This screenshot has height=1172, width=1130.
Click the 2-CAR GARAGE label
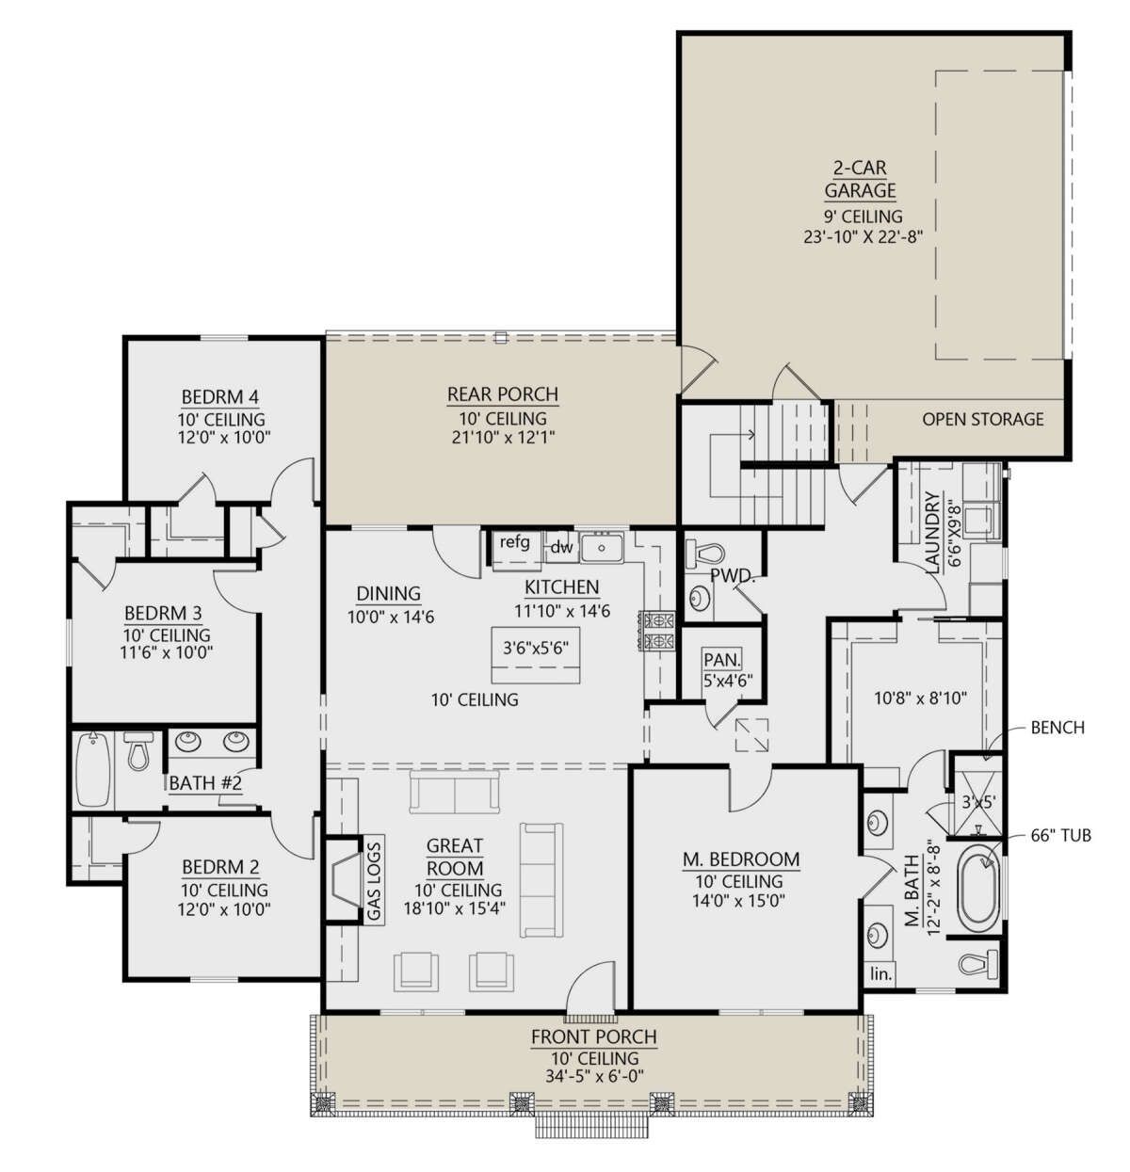pyautogui.click(x=860, y=179)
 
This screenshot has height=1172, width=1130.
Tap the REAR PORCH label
pyautogui.click(x=502, y=394)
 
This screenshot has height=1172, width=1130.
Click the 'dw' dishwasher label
pyautogui.click(x=561, y=548)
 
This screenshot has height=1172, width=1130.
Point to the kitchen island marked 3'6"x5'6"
pyautogui.click(x=536, y=654)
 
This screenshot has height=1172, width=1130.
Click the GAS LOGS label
pyautogui.click(x=374, y=880)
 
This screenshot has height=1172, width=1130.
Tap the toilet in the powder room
pyautogui.click(x=703, y=554)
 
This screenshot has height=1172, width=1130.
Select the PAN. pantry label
pyautogui.click(x=722, y=660)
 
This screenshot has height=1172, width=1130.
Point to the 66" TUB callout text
pyautogui.click(x=1059, y=835)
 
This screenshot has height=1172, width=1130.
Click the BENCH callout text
pyautogui.click(x=1057, y=728)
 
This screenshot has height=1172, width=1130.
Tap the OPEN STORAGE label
pyautogui.click(x=982, y=419)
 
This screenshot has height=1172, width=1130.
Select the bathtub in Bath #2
pyautogui.click(x=94, y=770)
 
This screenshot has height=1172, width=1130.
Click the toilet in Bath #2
pyautogui.click(x=138, y=751)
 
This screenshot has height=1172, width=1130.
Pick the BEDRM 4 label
pyautogui.click(x=220, y=397)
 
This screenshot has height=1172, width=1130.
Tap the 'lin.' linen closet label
pyautogui.click(x=880, y=973)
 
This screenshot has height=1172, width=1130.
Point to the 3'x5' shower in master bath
pyautogui.click(x=977, y=801)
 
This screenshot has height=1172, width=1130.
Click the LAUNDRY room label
pyautogui.click(x=932, y=533)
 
